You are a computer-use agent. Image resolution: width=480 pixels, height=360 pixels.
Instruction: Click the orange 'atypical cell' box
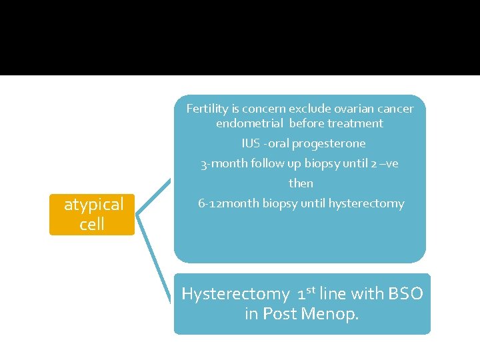coord(92,214)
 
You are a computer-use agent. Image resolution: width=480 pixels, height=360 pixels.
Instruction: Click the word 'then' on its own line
coord(301,183)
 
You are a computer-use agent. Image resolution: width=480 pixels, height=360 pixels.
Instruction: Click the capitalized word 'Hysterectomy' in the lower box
coord(235,294)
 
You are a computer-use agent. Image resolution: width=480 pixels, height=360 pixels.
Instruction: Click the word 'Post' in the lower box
coord(280,314)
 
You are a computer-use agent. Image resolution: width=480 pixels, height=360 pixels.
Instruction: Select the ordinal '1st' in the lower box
coord(307,293)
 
